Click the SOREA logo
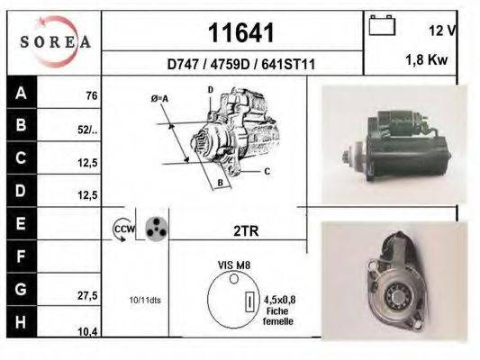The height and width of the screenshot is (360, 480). (x=56, y=41)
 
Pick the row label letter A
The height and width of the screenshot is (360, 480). (x=20, y=92)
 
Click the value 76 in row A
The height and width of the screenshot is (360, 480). (x=91, y=95)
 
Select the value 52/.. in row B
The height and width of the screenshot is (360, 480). (x=87, y=129)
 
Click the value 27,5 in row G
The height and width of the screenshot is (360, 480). (x=87, y=294)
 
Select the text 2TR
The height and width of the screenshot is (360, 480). (x=246, y=230)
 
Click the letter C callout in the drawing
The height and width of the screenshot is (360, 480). (x=267, y=169)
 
